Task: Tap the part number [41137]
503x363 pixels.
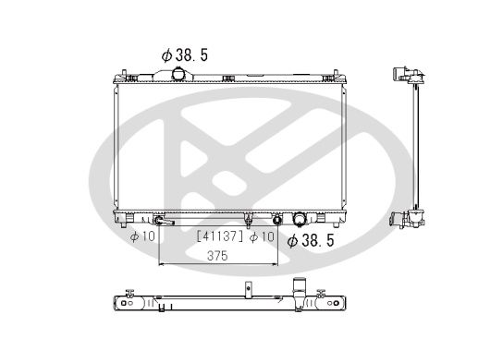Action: [x=218, y=237]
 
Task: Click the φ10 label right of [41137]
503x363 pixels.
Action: [x=264, y=237]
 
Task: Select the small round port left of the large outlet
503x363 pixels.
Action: [x=276, y=220]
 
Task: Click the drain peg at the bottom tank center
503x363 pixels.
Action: [x=249, y=221]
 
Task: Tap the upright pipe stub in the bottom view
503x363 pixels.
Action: [x=298, y=285]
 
